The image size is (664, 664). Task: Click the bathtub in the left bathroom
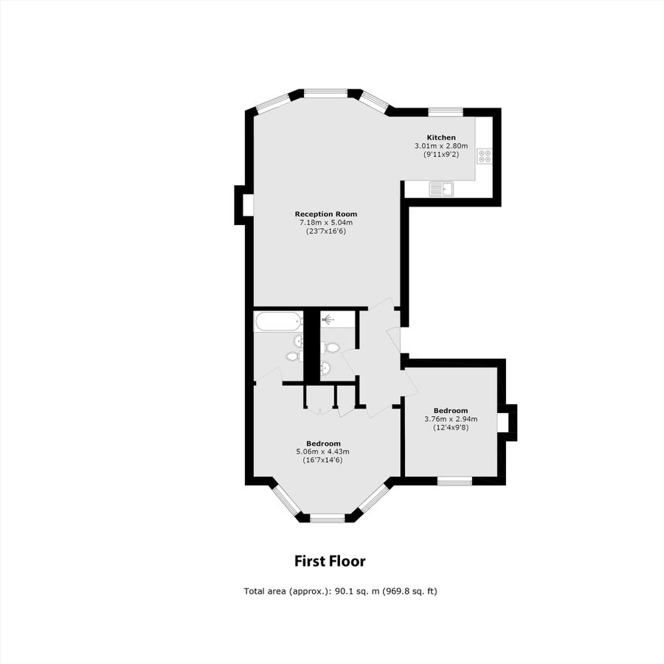tap(278, 321)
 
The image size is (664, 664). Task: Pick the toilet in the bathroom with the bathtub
tap(292, 356)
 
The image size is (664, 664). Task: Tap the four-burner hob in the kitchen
tap(484, 156)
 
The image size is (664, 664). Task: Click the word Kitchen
tap(441, 137)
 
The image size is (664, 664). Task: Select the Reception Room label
tap(322, 214)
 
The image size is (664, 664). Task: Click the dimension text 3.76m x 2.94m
tap(451, 419)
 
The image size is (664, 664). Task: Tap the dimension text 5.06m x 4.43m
tap(322, 452)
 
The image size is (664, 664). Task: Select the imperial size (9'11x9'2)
tap(441, 155)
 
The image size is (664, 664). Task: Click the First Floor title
tap(330, 561)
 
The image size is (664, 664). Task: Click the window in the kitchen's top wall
tap(446, 112)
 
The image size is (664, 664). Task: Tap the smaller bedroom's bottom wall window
tap(454, 481)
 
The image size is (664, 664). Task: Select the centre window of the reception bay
tap(325, 93)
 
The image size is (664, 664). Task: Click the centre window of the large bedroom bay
tap(327, 519)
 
